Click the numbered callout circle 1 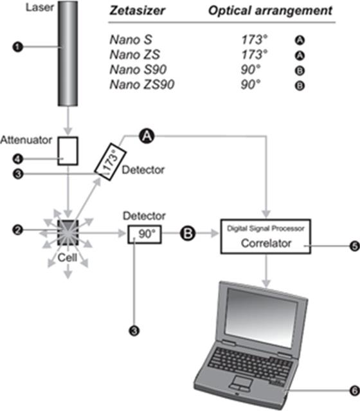tap(17, 47)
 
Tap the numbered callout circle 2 tap(17, 230)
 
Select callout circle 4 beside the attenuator tap(17, 159)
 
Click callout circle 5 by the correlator tap(354, 246)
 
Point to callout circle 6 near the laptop tap(354, 391)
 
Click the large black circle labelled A tap(147, 136)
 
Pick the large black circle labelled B tap(188, 233)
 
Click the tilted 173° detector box tap(111, 161)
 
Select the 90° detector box tap(145, 234)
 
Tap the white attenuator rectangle tap(68, 151)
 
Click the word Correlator tap(266, 243)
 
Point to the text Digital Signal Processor tap(265, 228)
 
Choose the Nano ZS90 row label tap(142, 85)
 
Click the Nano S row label tap(130, 40)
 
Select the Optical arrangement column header tap(271, 12)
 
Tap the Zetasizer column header tap(138, 11)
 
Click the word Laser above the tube tap(40, 7)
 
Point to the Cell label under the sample tap(67, 258)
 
